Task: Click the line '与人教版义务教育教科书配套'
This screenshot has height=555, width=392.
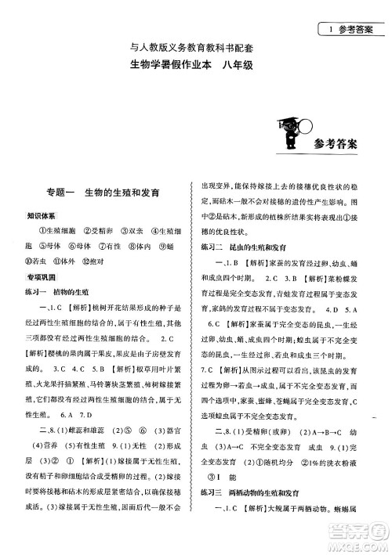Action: (195, 49)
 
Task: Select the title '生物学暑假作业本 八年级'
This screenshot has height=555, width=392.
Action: (195, 67)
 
